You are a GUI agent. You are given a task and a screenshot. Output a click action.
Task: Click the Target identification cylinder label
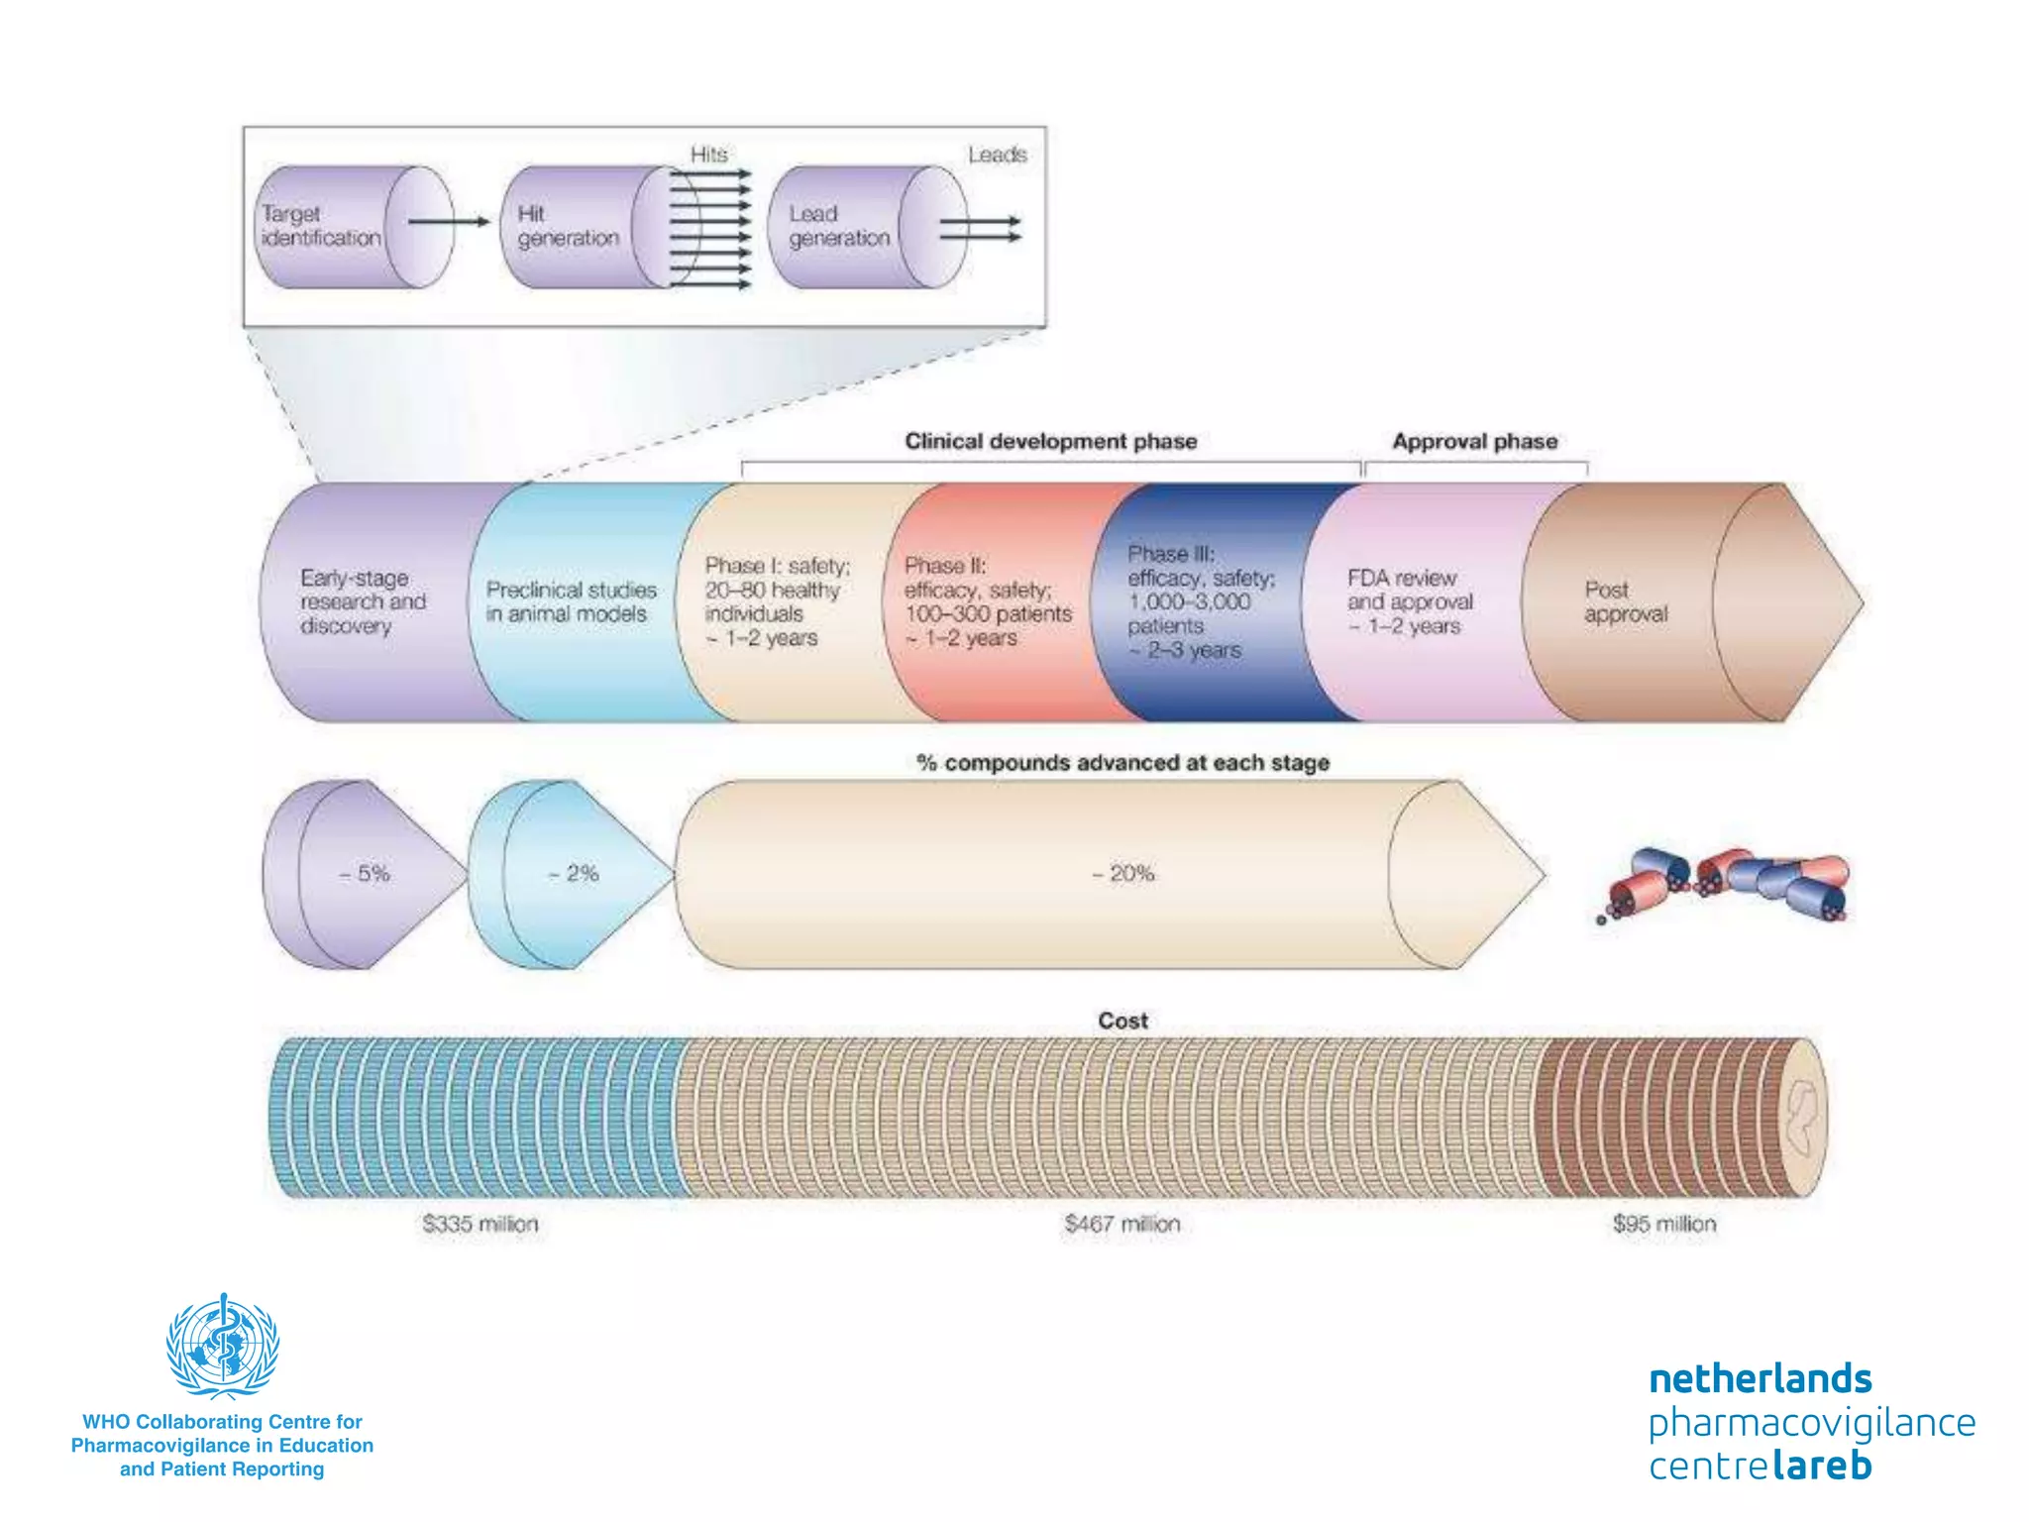[320, 226]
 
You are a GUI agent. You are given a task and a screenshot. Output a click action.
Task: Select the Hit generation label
[568, 226]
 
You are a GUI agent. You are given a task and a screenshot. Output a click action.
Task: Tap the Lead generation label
[839, 226]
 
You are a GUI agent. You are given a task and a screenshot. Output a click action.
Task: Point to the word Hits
[709, 155]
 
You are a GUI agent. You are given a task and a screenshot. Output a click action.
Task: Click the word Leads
[997, 155]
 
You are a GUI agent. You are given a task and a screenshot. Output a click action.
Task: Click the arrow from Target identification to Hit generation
[449, 221]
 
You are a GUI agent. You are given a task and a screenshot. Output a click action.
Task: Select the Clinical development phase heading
[1050, 441]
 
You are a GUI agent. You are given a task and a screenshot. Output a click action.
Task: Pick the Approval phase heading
[1474, 441]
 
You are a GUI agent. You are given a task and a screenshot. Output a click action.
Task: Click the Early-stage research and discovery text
[363, 601]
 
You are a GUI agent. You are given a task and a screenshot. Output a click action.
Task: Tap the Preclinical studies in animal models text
[571, 601]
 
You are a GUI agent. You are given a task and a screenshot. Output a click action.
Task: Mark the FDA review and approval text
[1409, 601]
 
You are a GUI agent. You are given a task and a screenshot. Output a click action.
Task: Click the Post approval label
[1625, 601]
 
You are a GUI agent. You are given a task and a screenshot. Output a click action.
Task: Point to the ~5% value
[365, 873]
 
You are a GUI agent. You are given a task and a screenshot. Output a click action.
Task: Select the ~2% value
[574, 873]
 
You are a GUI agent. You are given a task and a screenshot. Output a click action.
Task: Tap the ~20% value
[1122, 873]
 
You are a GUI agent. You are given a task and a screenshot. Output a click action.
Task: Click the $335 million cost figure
[480, 1224]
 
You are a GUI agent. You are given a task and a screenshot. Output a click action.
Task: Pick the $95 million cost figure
[1663, 1224]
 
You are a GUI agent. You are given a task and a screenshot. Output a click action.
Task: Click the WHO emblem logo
[223, 1346]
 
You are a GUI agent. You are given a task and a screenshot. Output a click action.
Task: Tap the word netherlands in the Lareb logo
[1760, 1378]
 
